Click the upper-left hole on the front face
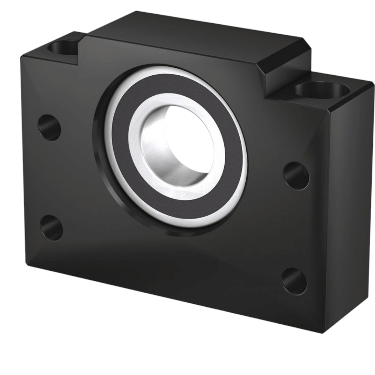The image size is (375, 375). coord(49,127)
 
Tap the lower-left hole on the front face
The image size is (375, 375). coord(51,227)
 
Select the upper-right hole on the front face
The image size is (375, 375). coord(296,175)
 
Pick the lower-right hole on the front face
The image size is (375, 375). coord(294,281)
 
